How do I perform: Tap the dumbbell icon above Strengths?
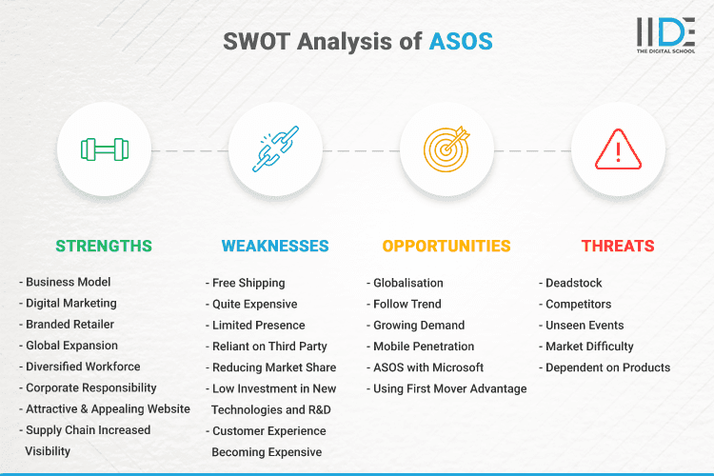(104, 149)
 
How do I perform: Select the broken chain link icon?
(275, 149)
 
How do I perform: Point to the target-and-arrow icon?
(446, 149)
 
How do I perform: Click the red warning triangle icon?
(618, 149)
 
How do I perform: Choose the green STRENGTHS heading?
(104, 246)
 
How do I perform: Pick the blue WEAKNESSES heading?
(275, 246)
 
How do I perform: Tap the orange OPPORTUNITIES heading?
(446, 246)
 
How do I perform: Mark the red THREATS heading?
(618, 246)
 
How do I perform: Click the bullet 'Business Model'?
(69, 283)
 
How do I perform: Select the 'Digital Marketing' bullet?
(71, 304)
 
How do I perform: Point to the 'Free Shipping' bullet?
(248, 283)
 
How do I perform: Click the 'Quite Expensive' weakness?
(254, 304)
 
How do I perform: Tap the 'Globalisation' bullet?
(408, 283)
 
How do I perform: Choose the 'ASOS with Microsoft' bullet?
(428, 367)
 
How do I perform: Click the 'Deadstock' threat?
(574, 283)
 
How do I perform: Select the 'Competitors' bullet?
(579, 304)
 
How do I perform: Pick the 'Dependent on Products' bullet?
(607, 367)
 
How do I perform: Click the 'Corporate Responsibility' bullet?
(91, 388)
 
